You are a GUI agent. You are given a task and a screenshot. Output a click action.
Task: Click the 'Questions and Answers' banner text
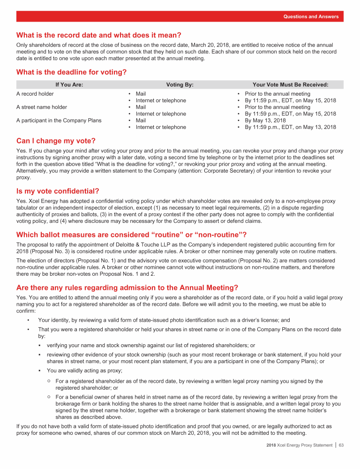(x=311, y=17)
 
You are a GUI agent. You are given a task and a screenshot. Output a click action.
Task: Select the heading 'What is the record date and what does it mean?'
(x=99, y=35)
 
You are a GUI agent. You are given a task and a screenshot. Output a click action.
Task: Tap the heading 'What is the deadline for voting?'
(x=72, y=72)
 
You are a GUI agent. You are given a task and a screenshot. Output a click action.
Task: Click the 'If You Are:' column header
(x=69, y=85)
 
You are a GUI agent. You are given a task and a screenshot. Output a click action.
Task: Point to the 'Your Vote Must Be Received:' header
(x=290, y=85)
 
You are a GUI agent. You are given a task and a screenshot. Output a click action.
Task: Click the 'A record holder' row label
(x=35, y=94)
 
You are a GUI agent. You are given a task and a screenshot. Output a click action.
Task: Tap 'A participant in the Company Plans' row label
(x=59, y=120)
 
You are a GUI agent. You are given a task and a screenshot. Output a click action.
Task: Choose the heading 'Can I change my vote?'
(x=56, y=141)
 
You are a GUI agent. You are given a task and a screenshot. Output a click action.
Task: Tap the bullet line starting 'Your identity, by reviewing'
(x=164, y=320)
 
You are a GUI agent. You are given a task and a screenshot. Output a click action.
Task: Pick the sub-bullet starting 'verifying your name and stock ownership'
(x=150, y=345)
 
